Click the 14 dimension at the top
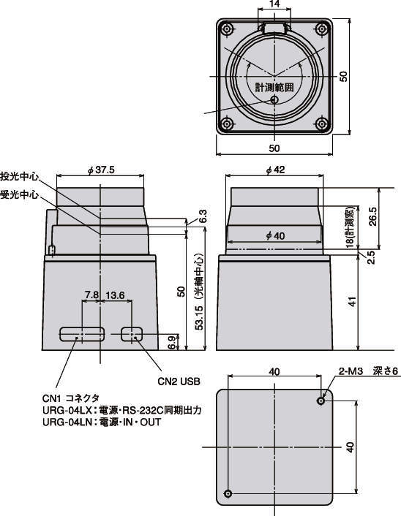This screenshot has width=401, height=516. click(x=274, y=5)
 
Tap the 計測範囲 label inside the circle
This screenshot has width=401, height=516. click(x=274, y=86)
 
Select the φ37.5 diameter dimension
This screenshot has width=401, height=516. click(x=100, y=170)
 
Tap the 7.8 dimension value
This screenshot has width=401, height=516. click(x=91, y=295)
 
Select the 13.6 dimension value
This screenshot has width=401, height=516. click(x=116, y=295)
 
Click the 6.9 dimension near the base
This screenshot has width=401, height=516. click(x=172, y=341)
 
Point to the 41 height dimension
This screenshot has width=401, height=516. click(x=372, y=300)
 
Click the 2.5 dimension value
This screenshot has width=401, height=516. click(x=370, y=257)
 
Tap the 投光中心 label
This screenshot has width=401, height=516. click(x=20, y=176)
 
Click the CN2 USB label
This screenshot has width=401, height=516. click(x=179, y=382)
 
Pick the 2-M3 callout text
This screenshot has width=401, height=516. click(x=351, y=371)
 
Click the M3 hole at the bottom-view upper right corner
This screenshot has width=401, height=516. click(x=321, y=401)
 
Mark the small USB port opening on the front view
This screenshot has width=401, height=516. click(x=132, y=334)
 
